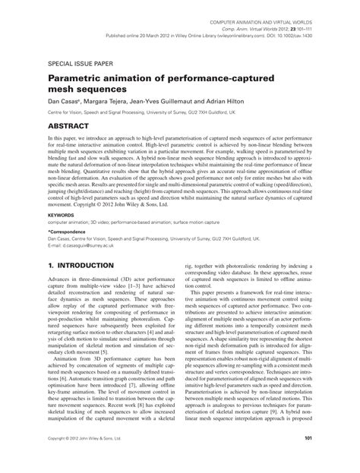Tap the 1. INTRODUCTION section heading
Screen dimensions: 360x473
(81, 266)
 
